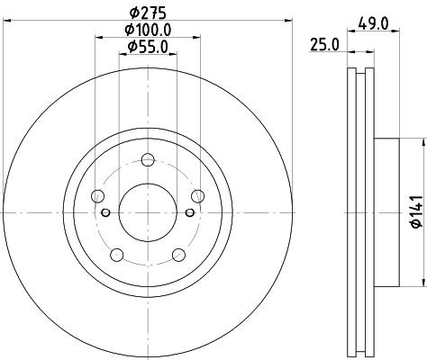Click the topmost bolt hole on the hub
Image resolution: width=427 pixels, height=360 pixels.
coord(148,161)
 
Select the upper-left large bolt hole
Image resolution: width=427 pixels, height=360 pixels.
coord(98,197)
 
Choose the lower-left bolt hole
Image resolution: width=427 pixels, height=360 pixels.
coord(117,256)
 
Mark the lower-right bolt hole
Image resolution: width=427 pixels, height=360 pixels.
coord(178,256)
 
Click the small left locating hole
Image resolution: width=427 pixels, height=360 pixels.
coord(106,212)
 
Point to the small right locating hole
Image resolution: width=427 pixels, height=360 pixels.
coord(189,212)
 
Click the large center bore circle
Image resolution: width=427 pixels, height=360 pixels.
coord(148,212)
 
